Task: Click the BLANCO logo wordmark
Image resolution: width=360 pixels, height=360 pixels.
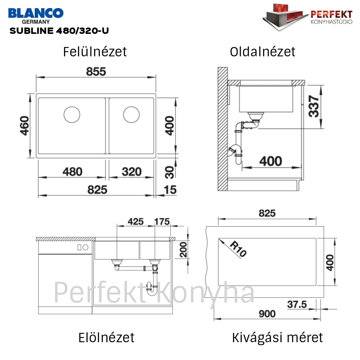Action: point(36,13)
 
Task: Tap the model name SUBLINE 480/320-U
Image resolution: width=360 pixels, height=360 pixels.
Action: point(59,30)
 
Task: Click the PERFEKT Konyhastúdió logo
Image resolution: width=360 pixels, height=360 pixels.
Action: point(307,17)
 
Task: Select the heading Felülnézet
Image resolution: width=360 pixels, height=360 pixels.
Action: point(95,52)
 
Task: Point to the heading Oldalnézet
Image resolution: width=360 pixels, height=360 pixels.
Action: point(263,52)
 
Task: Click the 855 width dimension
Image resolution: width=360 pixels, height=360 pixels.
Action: point(96,72)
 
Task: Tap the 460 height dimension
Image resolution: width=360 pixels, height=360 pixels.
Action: point(24,126)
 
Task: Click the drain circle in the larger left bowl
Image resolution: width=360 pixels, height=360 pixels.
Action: point(72,115)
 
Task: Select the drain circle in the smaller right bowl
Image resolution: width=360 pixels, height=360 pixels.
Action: point(131,115)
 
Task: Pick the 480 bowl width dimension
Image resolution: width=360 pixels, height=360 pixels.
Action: point(72,172)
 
